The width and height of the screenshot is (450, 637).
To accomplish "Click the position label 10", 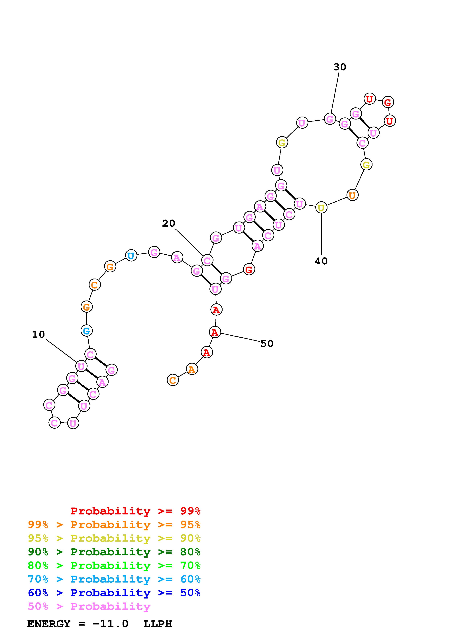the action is coord(38,335).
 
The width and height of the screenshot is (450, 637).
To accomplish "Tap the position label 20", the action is coord(169,223).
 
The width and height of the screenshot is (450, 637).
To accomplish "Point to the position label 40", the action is coord(321,261).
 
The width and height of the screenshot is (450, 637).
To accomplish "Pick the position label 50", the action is coord(267,344).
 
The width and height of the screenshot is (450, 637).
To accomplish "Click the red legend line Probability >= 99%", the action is coord(136,511).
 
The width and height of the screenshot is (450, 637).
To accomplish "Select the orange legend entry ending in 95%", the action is coord(114,525).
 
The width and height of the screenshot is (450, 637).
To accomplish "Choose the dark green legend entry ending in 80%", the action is coord(114,552).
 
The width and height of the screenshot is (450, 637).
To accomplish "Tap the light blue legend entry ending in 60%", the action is coord(114,579).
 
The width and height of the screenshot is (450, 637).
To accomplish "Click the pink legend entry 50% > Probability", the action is coord(89,606).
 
